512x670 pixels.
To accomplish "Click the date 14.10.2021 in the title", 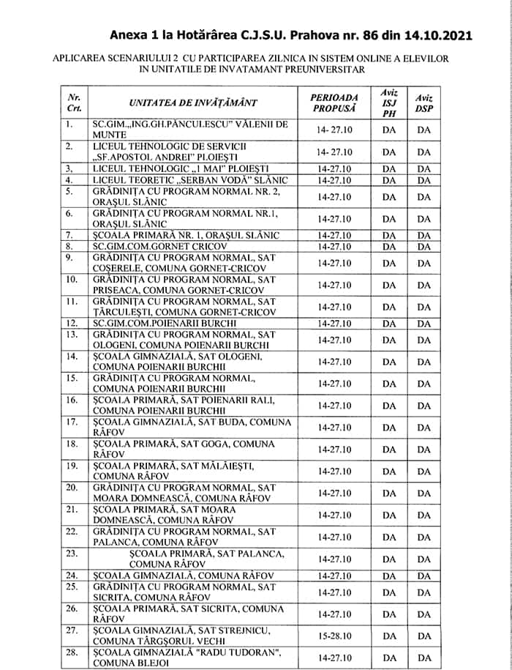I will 431,34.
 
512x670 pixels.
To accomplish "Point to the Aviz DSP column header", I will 424,102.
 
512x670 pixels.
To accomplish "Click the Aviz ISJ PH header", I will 389,102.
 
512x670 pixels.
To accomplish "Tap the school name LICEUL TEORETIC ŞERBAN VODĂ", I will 190,180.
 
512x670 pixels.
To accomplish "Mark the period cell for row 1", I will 334,130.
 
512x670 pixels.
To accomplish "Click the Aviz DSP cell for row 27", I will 424,636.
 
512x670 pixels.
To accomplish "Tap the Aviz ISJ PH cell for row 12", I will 389,323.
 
